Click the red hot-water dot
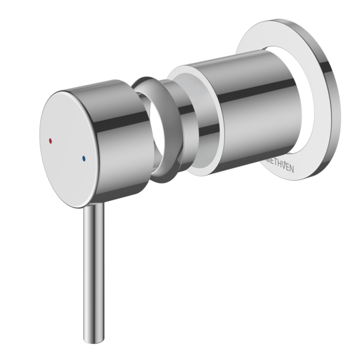50,140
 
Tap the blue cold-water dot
83,158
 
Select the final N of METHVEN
290,169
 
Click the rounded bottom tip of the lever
94,341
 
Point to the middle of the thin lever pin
94,273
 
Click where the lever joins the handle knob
94,205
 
